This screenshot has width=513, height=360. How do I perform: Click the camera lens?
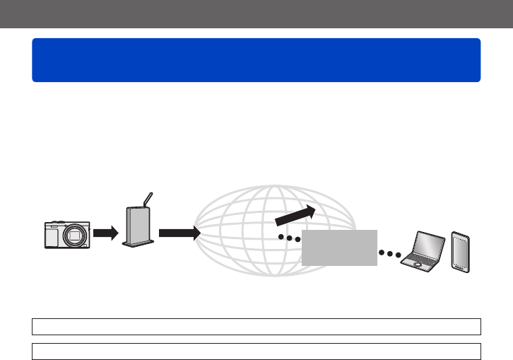(x=73, y=235)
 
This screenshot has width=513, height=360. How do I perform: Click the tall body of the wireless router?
(x=138, y=224)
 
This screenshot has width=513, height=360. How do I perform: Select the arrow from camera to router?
(x=104, y=233)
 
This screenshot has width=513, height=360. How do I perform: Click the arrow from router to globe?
(x=176, y=233)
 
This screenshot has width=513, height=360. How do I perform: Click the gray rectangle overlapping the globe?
(x=339, y=247)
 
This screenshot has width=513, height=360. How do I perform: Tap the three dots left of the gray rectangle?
(x=289, y=239)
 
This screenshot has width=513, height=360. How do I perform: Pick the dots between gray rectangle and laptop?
(x=389, y=252)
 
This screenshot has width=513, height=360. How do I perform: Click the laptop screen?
(x=430, y=245)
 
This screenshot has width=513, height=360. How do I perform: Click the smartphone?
(x=460, y=252)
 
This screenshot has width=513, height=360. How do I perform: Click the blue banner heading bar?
(x=256, y=60)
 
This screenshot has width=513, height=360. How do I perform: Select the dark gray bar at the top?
(x=256, y=13)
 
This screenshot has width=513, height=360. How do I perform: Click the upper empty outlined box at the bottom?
(x=256, y=326)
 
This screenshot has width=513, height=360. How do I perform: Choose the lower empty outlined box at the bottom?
(x=256, y=352)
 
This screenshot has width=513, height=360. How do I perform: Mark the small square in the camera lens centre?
(x=73, y=235)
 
